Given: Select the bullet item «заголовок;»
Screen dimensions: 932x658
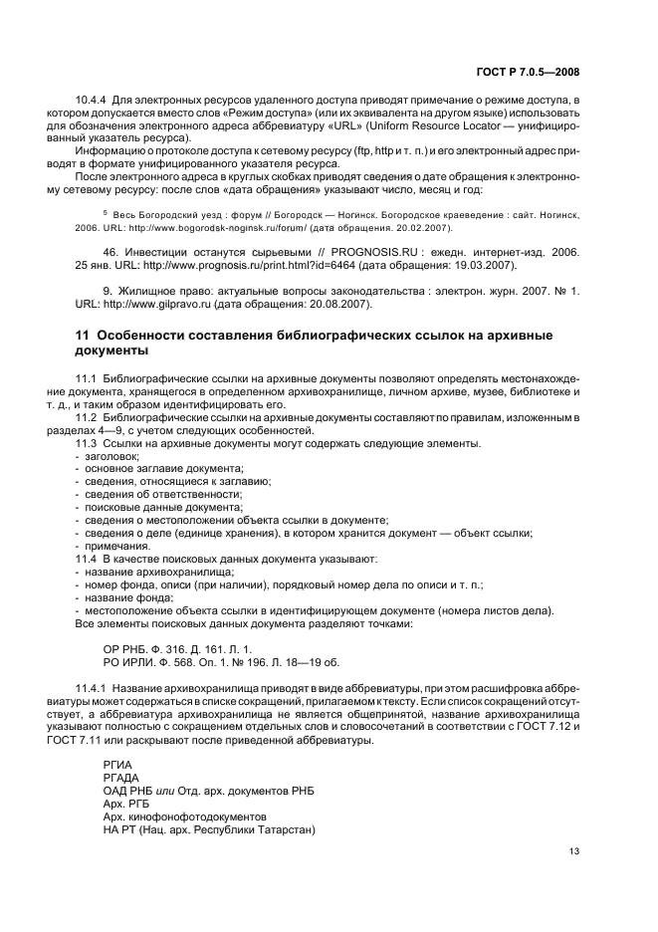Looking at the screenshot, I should point(113,455).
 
